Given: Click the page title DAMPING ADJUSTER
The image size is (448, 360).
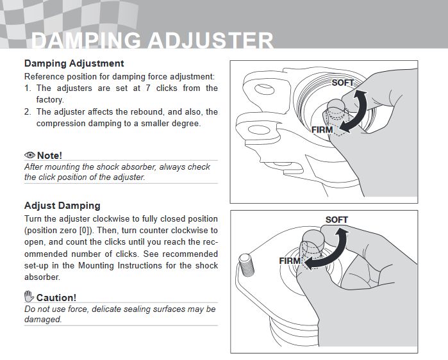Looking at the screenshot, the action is (x=153, y=40).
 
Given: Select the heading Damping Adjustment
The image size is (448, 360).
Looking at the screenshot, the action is (x=74, y=63).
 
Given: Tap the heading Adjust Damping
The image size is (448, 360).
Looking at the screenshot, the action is (x=62, y=206).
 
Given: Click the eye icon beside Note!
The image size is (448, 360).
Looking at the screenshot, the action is (x=29, y=155).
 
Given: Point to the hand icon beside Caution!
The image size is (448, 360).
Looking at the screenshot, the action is (x=29, y=297).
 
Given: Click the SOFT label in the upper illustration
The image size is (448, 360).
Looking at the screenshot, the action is (x=343, y=83).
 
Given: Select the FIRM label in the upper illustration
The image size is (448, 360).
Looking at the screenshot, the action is (x=322, y=130).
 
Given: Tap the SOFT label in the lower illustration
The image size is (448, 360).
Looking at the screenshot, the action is (x=336, y=220).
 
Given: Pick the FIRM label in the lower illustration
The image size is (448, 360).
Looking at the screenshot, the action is (x=290, y=261).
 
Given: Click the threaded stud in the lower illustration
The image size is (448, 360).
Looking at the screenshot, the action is (x=246, y=265).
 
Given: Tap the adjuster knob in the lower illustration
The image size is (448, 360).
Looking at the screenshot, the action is (x=313, y=242).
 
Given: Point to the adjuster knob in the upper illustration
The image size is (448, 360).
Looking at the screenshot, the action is (x=337, y=108).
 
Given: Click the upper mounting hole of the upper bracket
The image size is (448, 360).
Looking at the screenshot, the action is (x=264, y=89).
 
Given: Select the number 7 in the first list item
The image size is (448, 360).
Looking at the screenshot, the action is (x=148, y=88).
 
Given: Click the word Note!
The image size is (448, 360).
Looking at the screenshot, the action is (x=49, y=156).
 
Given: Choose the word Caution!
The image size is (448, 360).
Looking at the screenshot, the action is (x=56, y=298).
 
